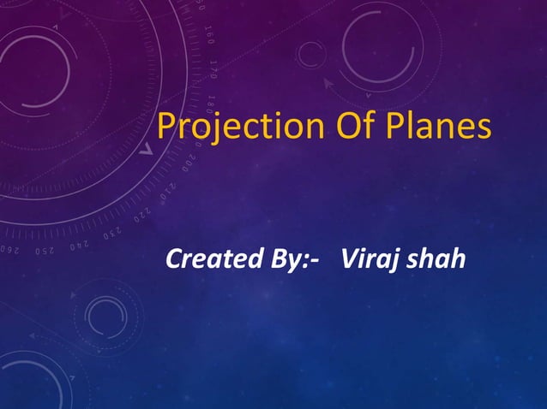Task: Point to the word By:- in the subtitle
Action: tap(288, 258)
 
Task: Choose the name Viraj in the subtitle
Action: tap(369, 258)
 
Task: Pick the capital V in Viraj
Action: tap(348, 257)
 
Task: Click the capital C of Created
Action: tap(173, 257)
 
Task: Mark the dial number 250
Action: tap(43, 248)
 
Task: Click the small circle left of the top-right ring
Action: tap(310, 54)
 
